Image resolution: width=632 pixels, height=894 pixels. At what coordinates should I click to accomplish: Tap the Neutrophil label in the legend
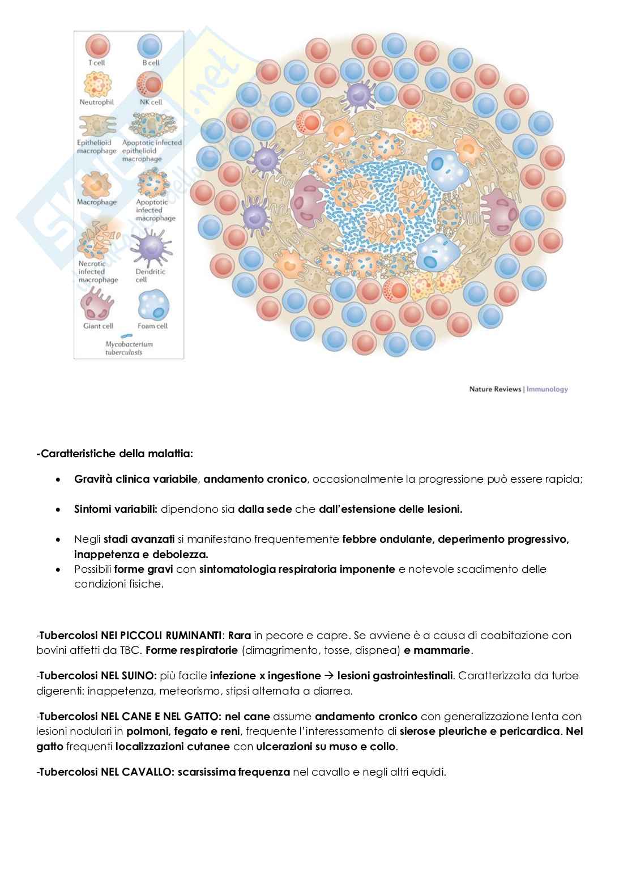click(x=97, y=102)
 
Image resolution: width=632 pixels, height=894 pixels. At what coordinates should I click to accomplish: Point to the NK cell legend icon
click(x=150, y=84)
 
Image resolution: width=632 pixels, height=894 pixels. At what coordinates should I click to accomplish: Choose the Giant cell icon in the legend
click(x=98, y=304)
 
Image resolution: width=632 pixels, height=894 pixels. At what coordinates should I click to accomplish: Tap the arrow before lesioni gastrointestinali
click(x=328, y=675)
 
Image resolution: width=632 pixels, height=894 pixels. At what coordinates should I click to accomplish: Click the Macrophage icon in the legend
click(x=96, y=184)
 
